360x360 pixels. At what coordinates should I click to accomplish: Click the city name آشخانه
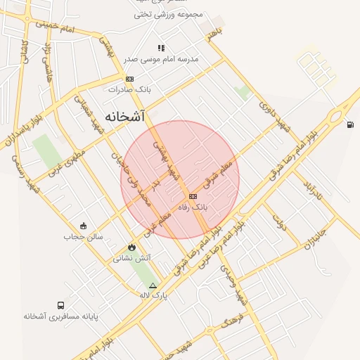tap(124, 116)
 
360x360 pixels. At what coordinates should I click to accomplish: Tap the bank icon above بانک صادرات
tap(129, 79)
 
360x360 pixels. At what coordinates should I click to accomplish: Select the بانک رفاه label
tap(191, 207)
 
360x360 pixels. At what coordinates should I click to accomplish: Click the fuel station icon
tap(349, 125)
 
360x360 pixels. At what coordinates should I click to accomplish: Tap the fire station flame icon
tap(132, 247)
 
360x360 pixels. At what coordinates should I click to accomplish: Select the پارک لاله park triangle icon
tap(153, 285)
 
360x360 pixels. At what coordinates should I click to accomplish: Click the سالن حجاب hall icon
tap(84, 226)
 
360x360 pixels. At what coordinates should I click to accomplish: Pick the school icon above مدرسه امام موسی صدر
tap(161, 49)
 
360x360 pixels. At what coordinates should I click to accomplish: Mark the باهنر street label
tap(213, 31)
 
